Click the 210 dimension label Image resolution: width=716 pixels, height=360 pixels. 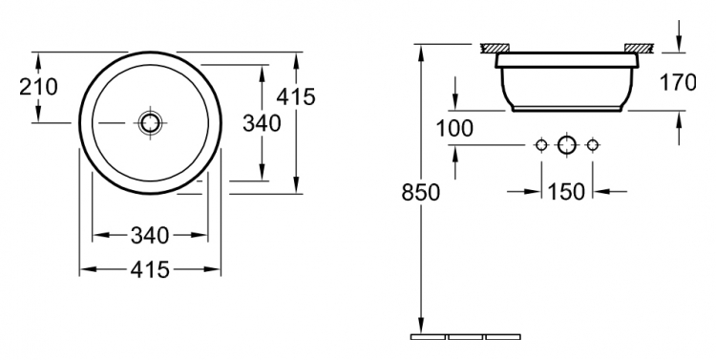coord(38,87)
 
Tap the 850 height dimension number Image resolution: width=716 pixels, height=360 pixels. coord(421,192)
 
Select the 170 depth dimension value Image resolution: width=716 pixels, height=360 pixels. coord(678,82)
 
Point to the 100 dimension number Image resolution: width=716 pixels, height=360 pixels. coord(454,128)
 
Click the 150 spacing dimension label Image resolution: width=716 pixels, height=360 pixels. coord(566,191)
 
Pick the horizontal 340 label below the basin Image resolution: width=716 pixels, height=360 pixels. coord(150,236)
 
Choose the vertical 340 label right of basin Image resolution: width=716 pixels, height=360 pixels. coord(262,123)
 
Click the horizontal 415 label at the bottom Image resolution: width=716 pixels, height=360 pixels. coord(150,270)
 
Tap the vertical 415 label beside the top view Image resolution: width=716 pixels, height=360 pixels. coord(296,96)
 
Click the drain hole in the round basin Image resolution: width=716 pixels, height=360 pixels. coord(150,123)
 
